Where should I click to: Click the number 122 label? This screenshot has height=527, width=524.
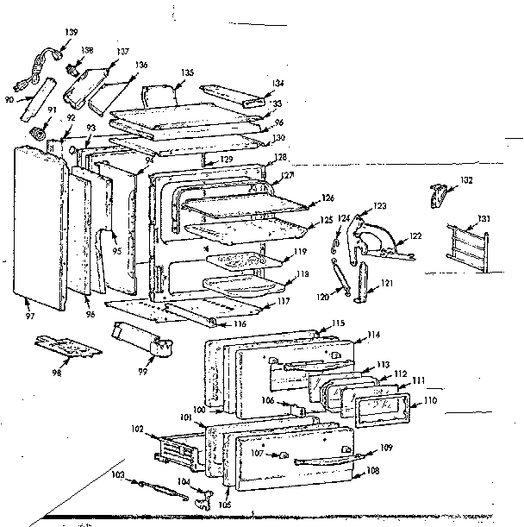(x=415, y=235)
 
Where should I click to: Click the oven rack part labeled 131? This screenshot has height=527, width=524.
(x=466, y=244)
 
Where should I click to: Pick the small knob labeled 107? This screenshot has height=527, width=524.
(x=284, y=455)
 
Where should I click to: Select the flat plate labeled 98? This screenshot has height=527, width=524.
(x=69, y=346)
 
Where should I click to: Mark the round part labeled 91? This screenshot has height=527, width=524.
(x=38, y=134)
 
